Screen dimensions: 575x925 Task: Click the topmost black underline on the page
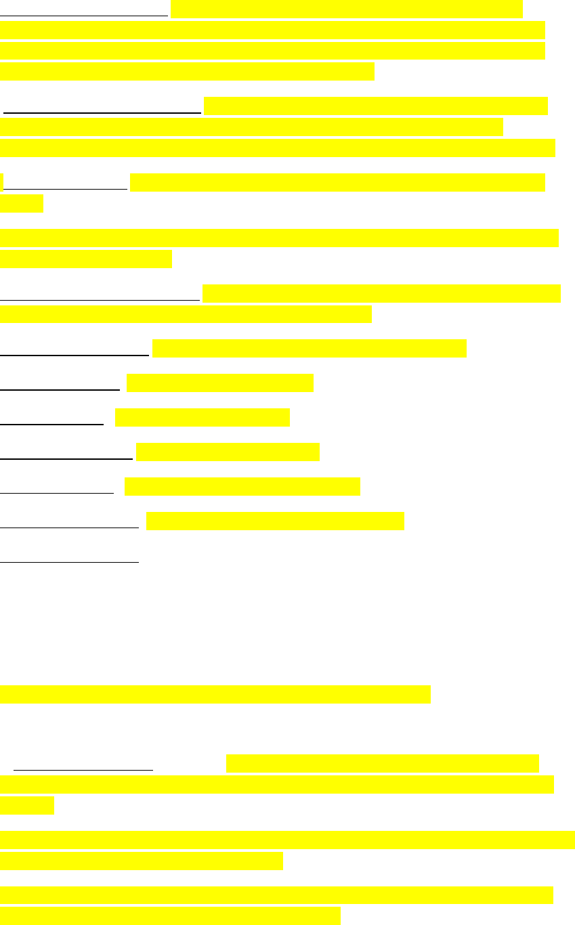pos(84,14)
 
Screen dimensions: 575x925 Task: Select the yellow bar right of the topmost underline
pos(346,9)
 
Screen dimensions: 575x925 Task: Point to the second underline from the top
pos(102,110)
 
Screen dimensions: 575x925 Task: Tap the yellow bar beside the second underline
pos(375,106)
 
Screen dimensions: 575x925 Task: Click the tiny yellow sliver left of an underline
pos(2,182)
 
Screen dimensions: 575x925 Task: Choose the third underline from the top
pos(66,188)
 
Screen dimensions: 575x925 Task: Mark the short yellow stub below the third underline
pos(22,203)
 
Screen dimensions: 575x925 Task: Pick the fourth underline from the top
pos(100,298)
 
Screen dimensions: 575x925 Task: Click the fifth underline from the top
pos(74,353)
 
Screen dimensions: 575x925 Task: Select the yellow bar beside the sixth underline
pos(220,383)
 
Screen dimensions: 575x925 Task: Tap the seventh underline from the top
pos(52,424)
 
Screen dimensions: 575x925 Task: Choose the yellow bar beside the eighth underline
pos(228,452)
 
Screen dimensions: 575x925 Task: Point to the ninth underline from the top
pos(57,493)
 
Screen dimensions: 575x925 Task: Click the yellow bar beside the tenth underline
pos(275,521)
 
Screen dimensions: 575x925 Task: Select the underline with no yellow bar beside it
pos(69,561)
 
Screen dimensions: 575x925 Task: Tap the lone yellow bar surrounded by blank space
pos(215,695)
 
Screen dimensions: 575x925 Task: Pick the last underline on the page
pos(83,770)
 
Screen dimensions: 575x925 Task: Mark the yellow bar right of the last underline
pos(382,763)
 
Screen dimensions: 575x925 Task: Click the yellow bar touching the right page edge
pos(287,840)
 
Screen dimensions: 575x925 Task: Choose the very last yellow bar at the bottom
pos(170,916)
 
